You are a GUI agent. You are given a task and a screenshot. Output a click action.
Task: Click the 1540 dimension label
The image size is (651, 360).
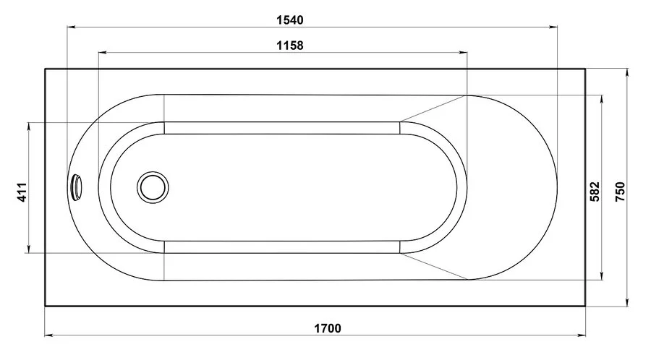(x=289, y=20)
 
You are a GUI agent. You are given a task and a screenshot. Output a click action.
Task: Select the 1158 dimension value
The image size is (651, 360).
(x=289, y=45)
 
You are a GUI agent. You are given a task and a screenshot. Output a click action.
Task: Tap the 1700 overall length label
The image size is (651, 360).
(x=327, y=327)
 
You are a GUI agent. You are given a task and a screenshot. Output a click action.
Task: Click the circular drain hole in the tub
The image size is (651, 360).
(x=153, y=187)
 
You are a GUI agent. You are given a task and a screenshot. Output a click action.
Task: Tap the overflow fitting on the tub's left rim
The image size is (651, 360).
(x=77, y=187)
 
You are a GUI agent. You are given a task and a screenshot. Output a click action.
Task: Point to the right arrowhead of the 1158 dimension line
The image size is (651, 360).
(x=464, y=53)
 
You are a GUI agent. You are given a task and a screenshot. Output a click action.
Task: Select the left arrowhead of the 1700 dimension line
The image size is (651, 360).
(x=48, y=335)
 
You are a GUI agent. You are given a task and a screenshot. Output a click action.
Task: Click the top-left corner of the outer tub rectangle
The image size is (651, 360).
(x=46, y=69)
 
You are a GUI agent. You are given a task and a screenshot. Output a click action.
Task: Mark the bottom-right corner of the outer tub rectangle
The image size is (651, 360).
(x=585, y=306)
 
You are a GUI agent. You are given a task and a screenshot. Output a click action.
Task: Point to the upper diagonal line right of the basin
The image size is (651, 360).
(x=434, y=108)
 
